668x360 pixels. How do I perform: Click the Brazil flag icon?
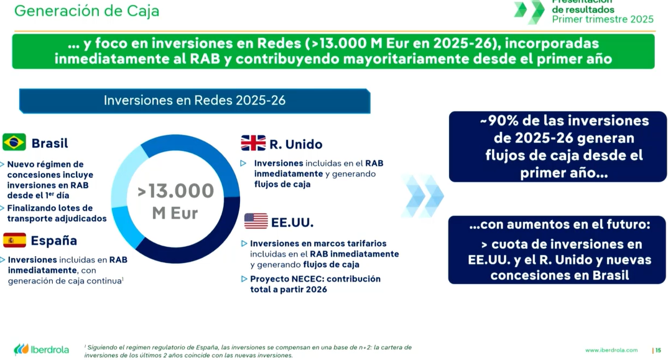click(x=14, y=142)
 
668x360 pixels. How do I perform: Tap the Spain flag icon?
click(x=14, y=240)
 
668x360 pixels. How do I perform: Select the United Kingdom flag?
click(x=253, y=143)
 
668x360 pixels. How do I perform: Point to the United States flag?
click(x=256, y=221)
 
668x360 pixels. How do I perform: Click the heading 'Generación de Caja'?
click(x=87, y=11)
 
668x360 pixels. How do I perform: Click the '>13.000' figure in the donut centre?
click(x=175, y=191)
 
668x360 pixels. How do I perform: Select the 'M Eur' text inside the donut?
click(x=175, y=213)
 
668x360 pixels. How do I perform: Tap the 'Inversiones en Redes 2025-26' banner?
click(x=195, y=101)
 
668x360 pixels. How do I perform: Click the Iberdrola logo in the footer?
click(x=41, y=350)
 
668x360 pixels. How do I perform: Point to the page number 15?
click(x=658, y=350)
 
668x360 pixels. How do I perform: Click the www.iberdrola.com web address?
click(x=611, y=350)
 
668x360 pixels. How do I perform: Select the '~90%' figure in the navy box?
click(x=499, y=121)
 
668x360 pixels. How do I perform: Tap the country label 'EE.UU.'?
click(x=292, y=223)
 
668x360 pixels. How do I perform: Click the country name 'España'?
click(x=53, y=241)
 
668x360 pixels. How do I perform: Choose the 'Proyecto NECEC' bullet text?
click(x=315, y=284)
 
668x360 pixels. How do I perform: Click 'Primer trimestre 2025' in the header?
click(x=603, y=19)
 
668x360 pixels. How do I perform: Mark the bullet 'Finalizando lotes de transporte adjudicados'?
click(x=57, y=213)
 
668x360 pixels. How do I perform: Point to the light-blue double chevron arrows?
click(x=422, y=196)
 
